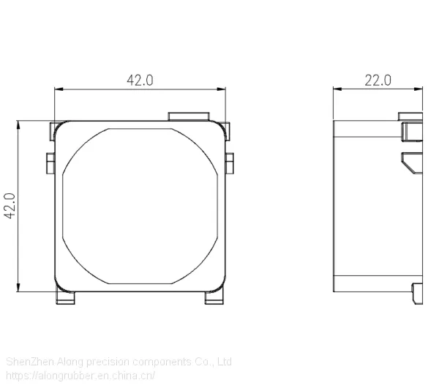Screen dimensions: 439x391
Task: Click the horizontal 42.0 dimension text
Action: pos(140,81)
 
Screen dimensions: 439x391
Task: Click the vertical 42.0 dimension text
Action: pos(10,206)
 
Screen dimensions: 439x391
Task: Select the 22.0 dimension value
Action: pos(378,81)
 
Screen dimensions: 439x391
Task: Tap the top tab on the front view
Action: pos(189,116)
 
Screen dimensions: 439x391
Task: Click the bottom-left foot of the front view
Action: pos(65,297)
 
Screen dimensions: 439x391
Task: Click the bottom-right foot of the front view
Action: pos(214,297)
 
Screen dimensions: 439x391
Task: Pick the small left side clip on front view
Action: pos(50,163)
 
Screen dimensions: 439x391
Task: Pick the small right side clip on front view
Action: pos(230,163)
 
